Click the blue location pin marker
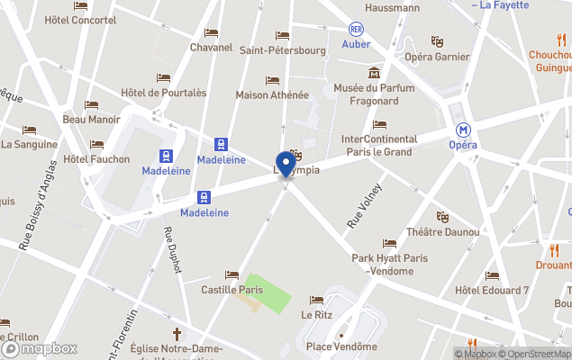(286, 166)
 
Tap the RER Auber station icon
(356, 30)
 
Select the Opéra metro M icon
(463, 130)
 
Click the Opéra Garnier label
(437, 56)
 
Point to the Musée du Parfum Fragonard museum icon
(374, 72)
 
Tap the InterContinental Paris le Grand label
(379, 145)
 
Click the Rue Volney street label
(365, 205)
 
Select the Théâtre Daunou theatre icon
(442, 217)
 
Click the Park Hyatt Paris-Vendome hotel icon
(389, 244)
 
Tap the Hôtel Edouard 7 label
(492, 290)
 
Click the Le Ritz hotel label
(316, 315)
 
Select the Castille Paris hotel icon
(232, 275)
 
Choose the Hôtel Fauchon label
(97, 159)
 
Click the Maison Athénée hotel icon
(272, 80)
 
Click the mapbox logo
(41, 348)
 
